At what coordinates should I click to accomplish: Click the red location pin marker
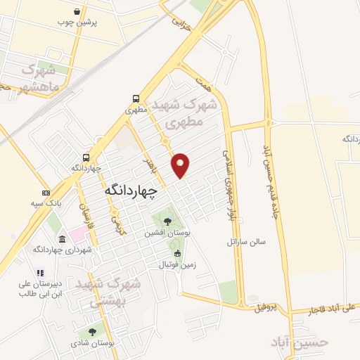181,165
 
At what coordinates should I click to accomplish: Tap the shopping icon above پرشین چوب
77,11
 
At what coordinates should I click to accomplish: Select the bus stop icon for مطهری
134,99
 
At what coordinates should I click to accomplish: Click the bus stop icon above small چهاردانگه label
86,157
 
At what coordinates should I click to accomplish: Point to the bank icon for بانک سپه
46,193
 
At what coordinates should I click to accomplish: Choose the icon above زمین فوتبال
177,253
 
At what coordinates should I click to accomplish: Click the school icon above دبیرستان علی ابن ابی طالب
41,273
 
